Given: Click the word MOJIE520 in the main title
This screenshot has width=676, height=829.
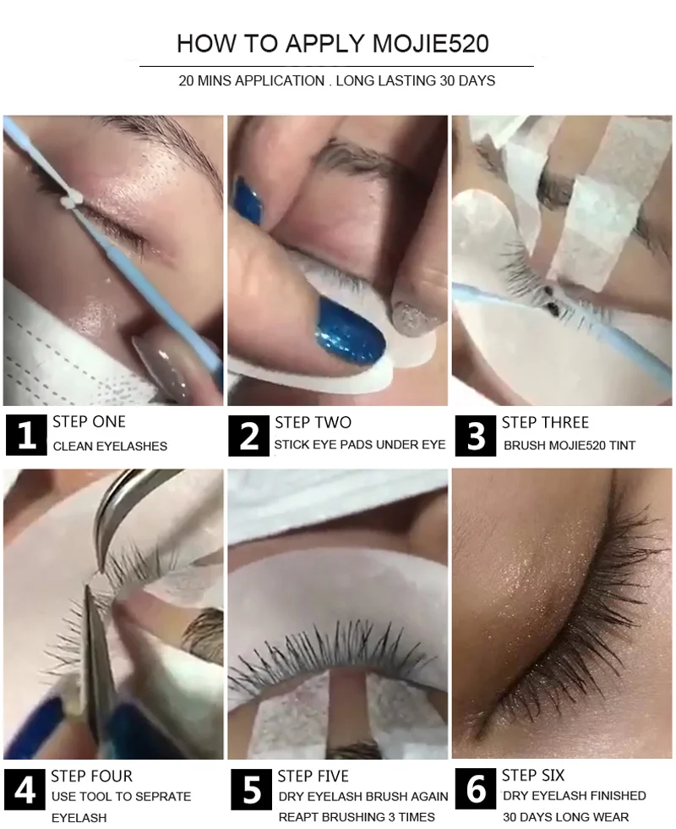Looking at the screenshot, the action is click(x=430, y=43).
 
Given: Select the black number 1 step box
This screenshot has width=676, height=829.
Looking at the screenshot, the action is click(x=26, y=436).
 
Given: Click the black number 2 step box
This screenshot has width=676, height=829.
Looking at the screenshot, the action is click(x=248, y=436).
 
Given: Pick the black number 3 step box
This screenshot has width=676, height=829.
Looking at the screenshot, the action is click(x=475, y=436).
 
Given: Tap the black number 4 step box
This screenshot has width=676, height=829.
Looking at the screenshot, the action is click(x=25, y=790).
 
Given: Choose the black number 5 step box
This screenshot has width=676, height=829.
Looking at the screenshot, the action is click(x=252, y=790).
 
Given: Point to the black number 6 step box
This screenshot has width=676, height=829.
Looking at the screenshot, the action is click(x=475, y=788).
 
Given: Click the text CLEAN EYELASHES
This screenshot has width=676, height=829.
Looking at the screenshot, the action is click(x=110, y=447).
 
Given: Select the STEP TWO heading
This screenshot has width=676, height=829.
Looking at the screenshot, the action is click(x=313, y=422).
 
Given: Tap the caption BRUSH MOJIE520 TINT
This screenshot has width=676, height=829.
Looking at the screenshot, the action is click(x=570, y=446).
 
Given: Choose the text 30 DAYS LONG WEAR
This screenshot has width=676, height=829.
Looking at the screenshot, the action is click(x=565, y=817).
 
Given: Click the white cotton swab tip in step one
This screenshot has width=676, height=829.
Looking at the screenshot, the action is click(x=71, y=199).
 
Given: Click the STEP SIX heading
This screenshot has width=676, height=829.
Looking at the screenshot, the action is click(x=533, y=776).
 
